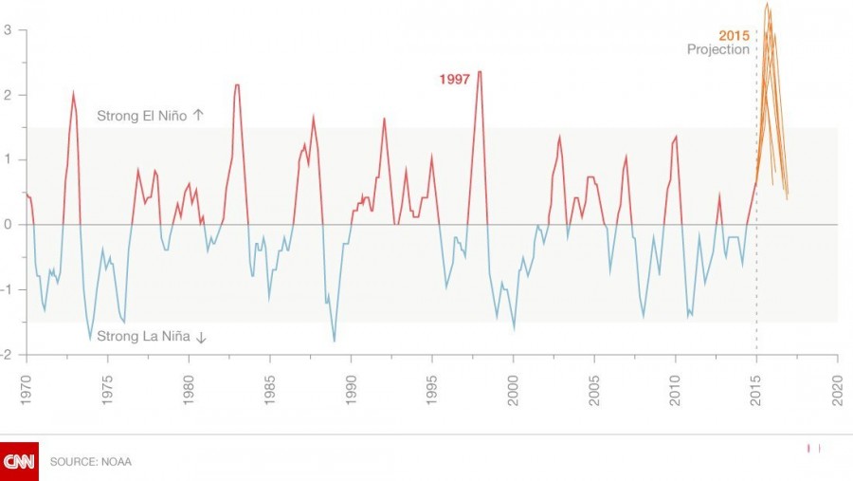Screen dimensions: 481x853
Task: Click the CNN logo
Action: tap(19, 461)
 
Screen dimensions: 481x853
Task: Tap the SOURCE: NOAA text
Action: tap(91, 462)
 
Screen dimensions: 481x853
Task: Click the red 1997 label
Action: tap(454, 80)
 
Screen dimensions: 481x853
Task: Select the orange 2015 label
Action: tap(734, 36)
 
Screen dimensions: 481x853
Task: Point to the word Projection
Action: tap(718, 50)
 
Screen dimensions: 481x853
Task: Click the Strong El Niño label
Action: tap(143, 116)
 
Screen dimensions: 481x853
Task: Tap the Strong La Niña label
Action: tap(145, 337)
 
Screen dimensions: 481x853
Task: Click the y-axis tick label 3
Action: tap(8, 30)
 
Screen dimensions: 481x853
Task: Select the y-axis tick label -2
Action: tap(6, 355)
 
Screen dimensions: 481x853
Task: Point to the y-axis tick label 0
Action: tap(8, 225)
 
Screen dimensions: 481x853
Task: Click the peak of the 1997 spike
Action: tap(480, 72)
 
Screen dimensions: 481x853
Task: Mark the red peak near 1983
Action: tap(237, 85)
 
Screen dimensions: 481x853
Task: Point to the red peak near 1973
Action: tap(73, 93)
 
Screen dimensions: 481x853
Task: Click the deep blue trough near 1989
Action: tap(334, 341)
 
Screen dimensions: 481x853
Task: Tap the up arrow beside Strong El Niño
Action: tap(198, 116)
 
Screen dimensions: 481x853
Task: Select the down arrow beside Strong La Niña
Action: tap(202, 337)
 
